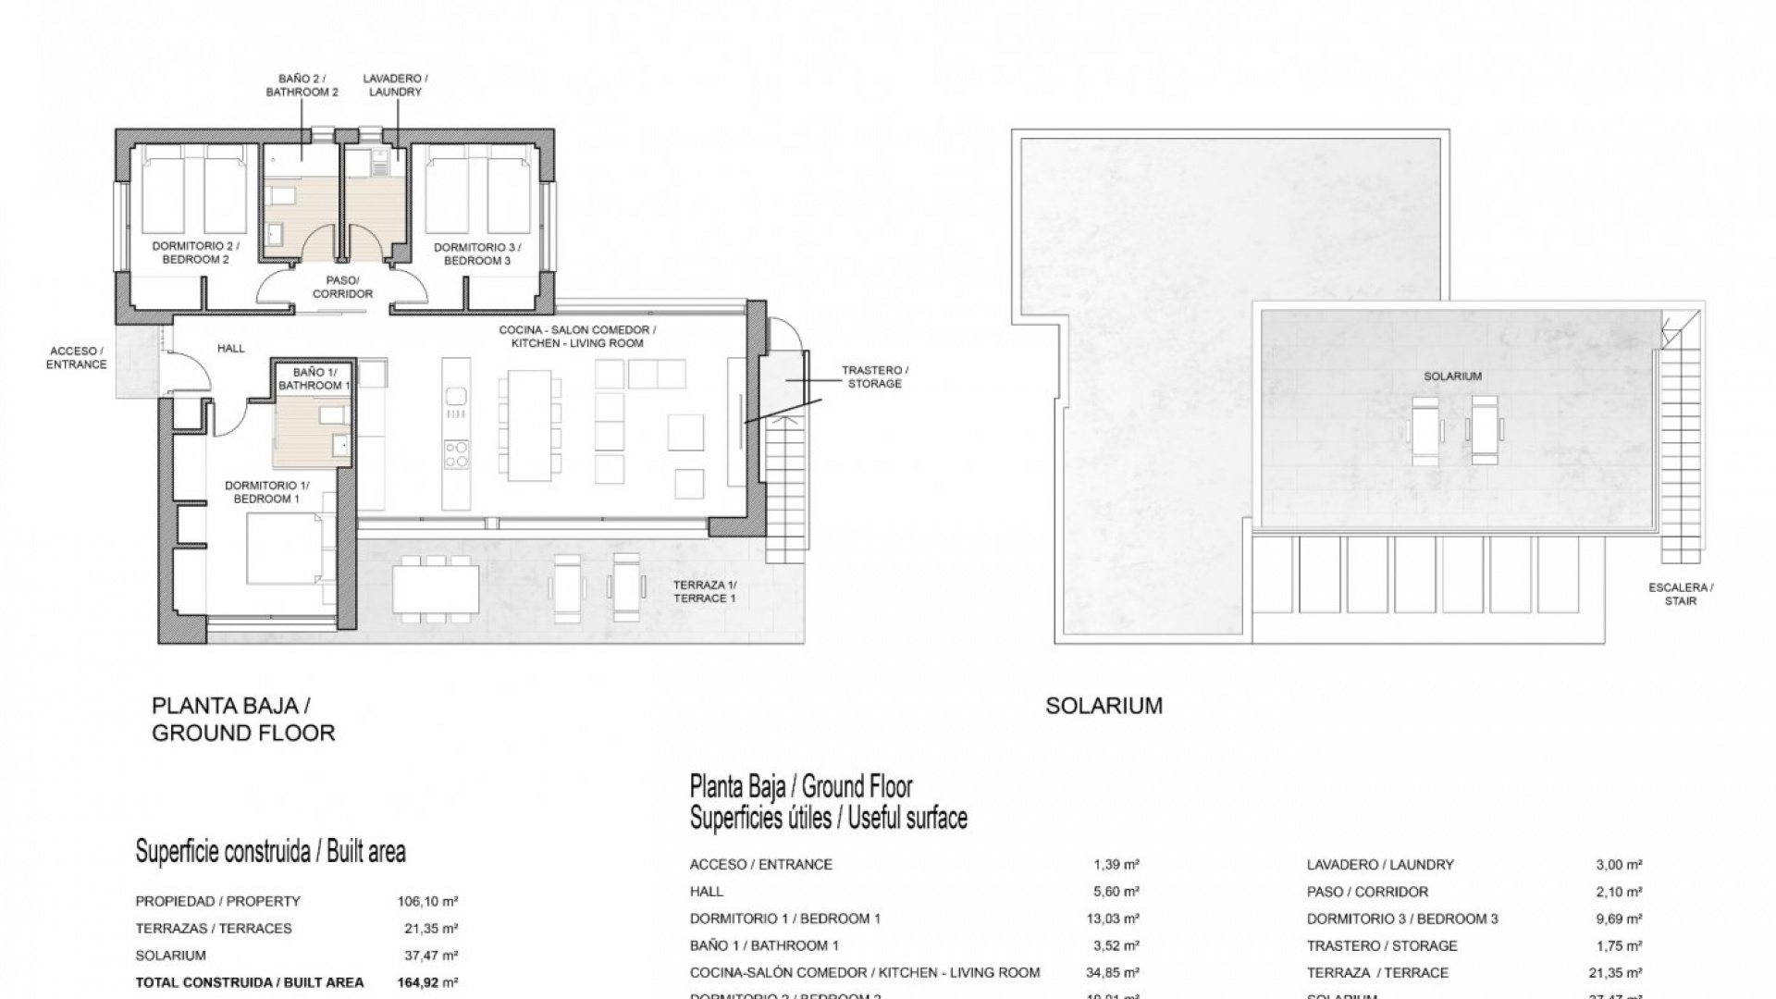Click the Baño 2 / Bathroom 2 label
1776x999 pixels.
point(302,85)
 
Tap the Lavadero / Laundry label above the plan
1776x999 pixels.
point(395,85)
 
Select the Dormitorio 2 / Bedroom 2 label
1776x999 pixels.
point(195,253)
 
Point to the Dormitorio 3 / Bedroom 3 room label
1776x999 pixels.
point(476,253)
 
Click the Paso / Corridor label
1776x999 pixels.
point(342,287)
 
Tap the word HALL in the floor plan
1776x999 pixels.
point(231,349)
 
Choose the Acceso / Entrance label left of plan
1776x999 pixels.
point(77,358)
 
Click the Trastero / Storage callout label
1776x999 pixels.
point(874,376)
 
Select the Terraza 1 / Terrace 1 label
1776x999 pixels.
point(705,592)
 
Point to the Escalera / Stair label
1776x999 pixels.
point(1680,594)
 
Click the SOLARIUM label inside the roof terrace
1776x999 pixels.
point(1452,376)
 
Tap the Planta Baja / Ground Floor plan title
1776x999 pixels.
point(242,719)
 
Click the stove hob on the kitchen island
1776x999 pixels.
point(456,453)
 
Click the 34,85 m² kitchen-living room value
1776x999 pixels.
point(1112,972)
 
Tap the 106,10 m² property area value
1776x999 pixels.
point(428,901)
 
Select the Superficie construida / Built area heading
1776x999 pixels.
point(270,851)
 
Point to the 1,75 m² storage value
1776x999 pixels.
point(1619,945)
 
